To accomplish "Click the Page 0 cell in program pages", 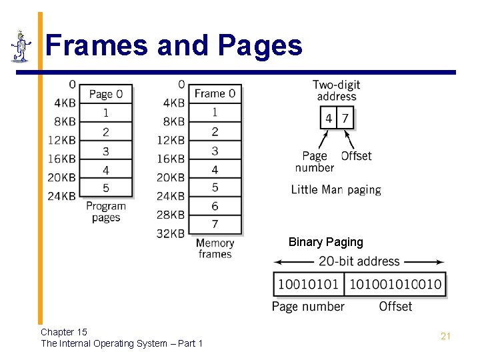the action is [105, 94].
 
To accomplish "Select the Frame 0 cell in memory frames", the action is [215, 93].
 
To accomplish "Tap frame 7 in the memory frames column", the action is [215, 223].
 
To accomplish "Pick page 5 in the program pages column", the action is [105, 188].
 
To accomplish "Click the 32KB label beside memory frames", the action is [171, 233].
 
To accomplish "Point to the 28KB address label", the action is [171, 215].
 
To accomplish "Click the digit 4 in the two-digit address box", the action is [329, 119].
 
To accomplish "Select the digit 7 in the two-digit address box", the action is [345, 119].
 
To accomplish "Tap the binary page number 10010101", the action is [309, 285].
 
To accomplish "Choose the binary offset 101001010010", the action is [395, 285].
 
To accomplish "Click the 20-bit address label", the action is [359, 261].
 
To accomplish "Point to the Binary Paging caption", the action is [325, 242].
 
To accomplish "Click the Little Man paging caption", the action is [336, 189].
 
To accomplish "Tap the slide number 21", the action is [445, 336].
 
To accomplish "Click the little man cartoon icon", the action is [22, 46].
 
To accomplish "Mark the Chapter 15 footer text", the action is [64, 331].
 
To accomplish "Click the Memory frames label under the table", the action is [215, 248].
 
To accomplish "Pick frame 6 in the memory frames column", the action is [215, 206].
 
